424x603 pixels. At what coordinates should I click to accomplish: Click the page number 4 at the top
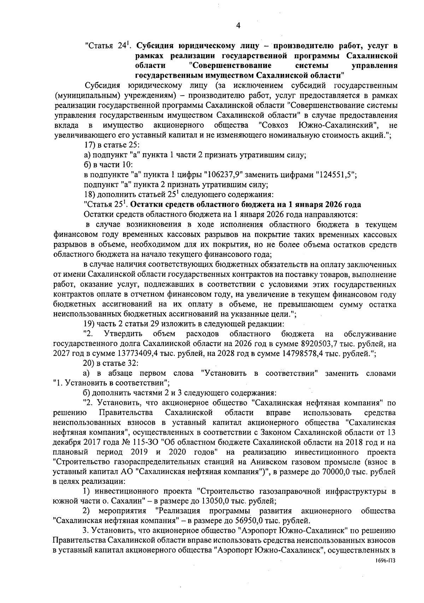pos(237,25)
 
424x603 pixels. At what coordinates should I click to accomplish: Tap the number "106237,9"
pos(224,175)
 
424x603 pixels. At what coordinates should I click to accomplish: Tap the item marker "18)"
pos(89,194)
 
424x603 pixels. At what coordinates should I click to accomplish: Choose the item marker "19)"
pos(89,324)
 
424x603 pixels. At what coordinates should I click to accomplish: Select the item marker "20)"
pos(89,363)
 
